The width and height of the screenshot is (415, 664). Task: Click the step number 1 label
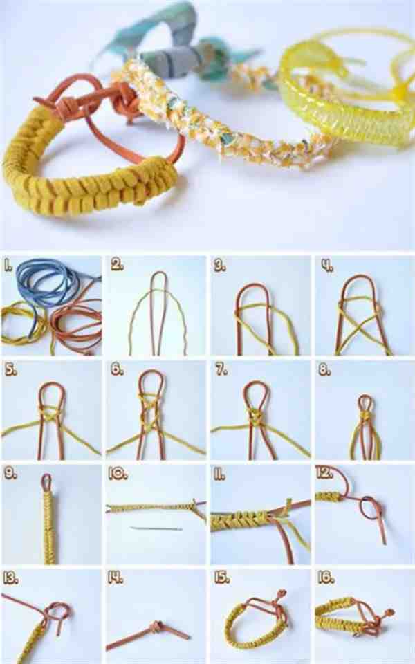coord(8,266)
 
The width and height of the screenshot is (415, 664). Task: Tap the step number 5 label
coord(10,369)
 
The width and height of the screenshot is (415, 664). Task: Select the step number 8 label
coord(325,369)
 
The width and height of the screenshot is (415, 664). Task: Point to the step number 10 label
coord(118,474)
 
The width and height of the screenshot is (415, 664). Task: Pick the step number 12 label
coord(324,472)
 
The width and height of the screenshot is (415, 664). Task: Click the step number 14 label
coord(116,578)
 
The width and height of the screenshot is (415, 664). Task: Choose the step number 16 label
coord(326,578)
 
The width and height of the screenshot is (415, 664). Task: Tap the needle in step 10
coord(156,528)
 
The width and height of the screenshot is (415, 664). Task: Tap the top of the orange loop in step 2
coord(159,273)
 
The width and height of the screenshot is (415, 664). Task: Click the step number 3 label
coord(220,266)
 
